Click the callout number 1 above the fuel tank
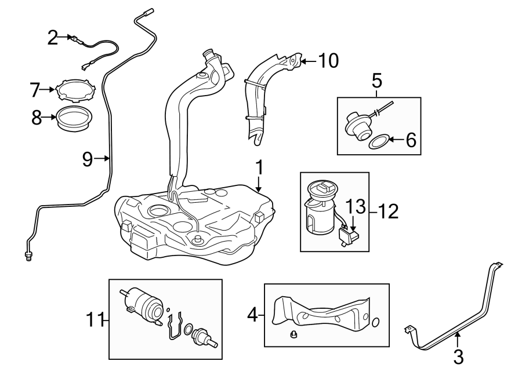(x=260, y=168)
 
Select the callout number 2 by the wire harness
(x=53, y=38)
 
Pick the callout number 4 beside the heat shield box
(x=252, y=315)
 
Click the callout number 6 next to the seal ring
(x=411, y=140)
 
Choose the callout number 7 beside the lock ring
(x=35, y=90)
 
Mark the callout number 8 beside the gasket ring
(x=36, y=118)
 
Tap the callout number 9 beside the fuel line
(x=88, y=159)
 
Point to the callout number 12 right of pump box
(x=389, y=211)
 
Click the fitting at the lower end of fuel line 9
(x=28, y=255)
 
